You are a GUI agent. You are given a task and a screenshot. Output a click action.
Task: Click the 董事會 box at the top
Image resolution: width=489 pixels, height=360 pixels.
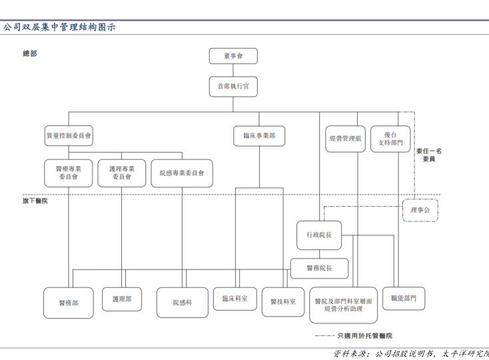[x=233, y=56]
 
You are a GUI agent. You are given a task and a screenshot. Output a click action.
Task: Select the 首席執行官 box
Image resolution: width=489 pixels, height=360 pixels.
[x=233, y=87]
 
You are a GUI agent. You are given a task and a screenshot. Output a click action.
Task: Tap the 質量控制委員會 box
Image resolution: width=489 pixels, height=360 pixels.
[x=69, y=135]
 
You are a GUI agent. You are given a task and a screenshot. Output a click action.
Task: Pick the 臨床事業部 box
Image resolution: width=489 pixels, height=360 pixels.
[x=259, y=135]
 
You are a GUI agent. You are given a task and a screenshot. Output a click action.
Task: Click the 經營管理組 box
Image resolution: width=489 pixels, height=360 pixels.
[x=345, y=139]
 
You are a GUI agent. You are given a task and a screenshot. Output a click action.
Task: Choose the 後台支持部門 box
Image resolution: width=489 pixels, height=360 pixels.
[x=390, y=139]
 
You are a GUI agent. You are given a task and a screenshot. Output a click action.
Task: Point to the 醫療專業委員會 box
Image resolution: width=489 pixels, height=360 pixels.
[x=69, y=173]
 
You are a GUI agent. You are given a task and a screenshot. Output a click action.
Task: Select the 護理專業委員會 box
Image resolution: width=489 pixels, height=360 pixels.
[x=122, y=173]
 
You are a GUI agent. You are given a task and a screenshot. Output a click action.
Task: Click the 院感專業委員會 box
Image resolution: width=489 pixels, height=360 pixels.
[x=182, y=173]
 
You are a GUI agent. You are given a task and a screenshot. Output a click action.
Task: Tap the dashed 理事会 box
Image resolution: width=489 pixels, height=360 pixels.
[x=420, y=210]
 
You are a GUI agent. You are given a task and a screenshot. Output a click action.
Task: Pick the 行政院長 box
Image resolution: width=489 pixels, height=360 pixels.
[x=319, y=235]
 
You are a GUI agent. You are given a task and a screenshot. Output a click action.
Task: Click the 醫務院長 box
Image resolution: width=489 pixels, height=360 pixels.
[x=319, y=268]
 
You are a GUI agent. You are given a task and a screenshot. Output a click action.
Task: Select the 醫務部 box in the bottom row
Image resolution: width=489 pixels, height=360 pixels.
[x=69, y=303]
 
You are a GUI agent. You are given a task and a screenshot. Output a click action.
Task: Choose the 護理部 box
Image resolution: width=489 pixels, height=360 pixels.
[x=122, y=299]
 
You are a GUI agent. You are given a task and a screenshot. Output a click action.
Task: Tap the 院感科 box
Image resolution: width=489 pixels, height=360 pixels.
[x=182, y=303]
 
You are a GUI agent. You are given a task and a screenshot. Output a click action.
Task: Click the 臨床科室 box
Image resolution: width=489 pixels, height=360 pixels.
[x=235, y=299]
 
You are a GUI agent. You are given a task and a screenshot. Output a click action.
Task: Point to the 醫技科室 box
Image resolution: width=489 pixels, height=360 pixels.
[x=283, y=302]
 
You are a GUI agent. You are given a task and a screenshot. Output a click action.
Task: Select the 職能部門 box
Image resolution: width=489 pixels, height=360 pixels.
[x=404, y=299]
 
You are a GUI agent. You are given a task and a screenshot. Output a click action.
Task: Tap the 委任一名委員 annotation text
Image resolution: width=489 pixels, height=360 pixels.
[x=429, y=155]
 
